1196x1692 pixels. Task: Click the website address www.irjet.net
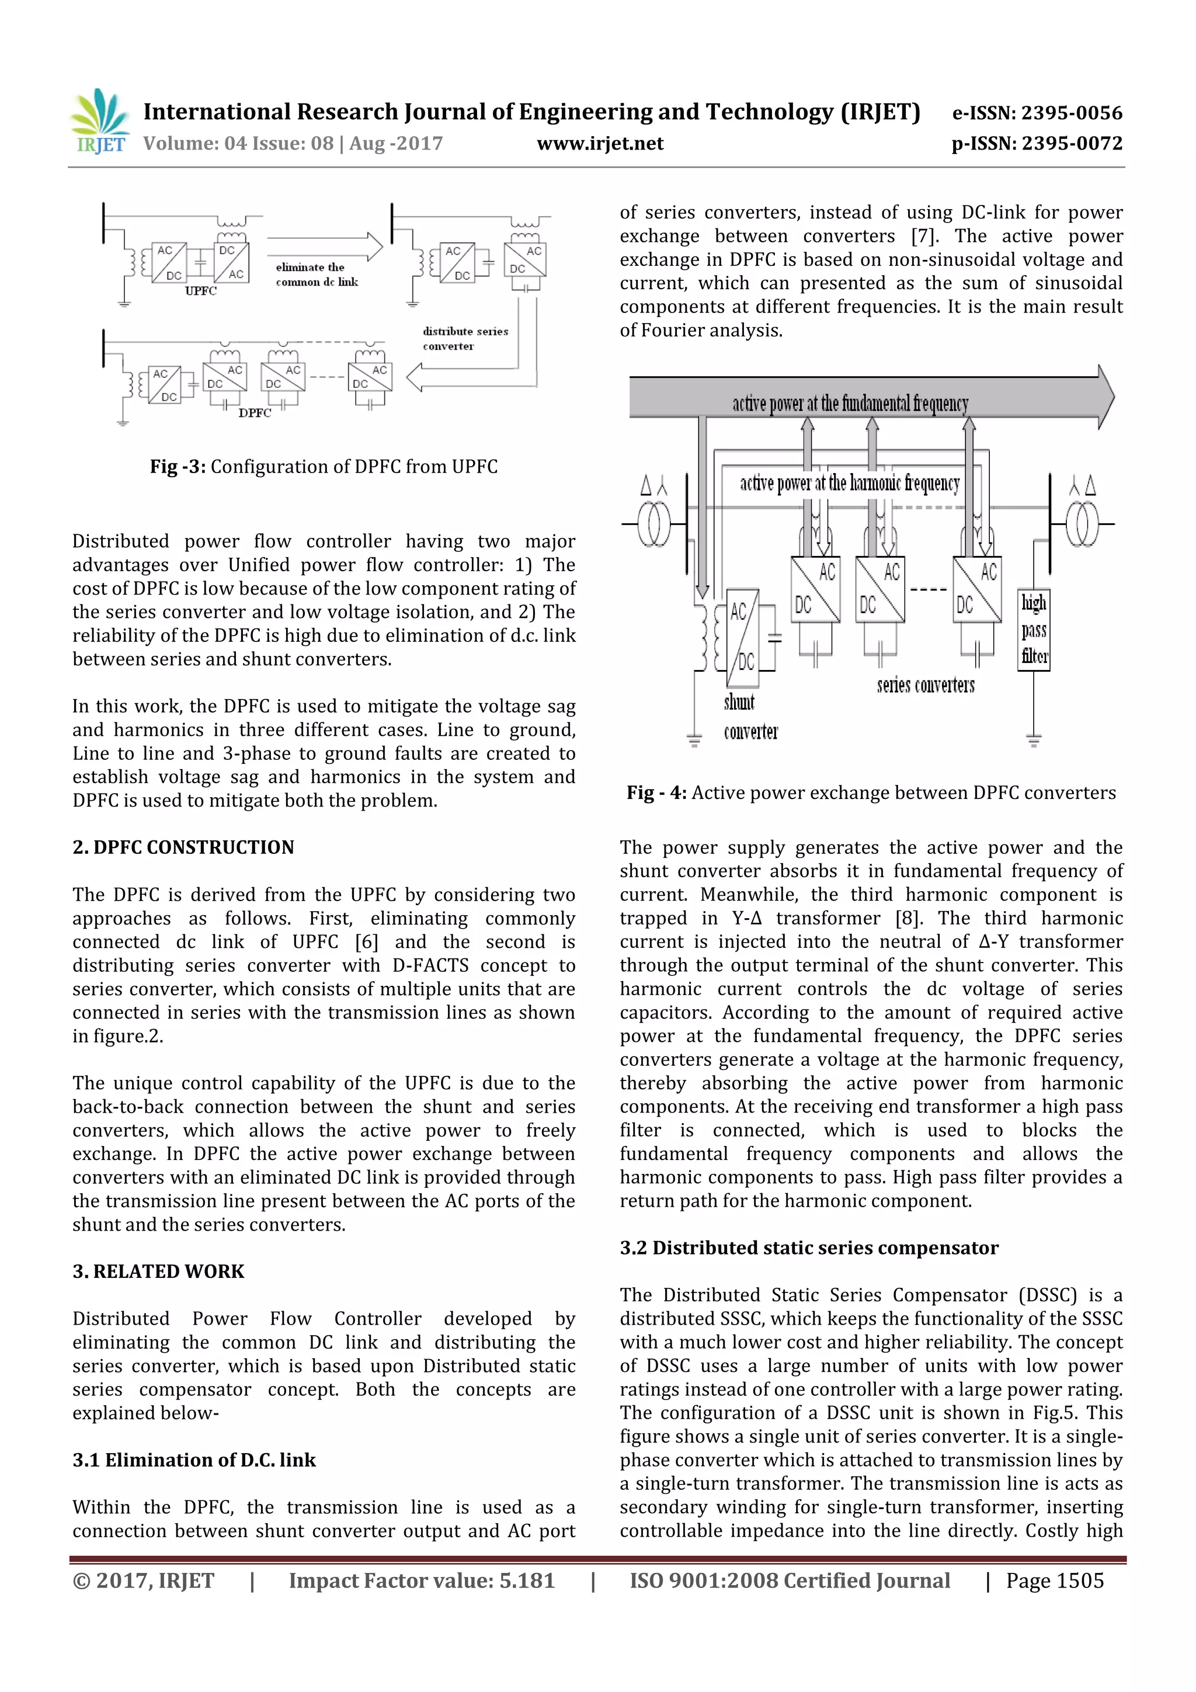(x=600, y=144)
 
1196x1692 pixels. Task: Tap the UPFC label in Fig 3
(x=200, y=291)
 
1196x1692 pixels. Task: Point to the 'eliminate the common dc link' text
(x=317, y=274)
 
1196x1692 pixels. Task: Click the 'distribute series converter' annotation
(x=465, y=338)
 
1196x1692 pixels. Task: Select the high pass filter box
(x=1034, y=630)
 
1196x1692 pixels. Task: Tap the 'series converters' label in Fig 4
(x=925, y=685)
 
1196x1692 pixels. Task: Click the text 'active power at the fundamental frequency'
(x=850, y=403)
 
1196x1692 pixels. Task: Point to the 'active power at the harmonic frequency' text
(x=850, y=484)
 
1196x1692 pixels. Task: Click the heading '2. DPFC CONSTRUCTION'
(x=183, y=847)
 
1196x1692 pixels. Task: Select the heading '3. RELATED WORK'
(x=158, y=1271)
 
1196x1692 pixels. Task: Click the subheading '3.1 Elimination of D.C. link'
(x=194, y=1460)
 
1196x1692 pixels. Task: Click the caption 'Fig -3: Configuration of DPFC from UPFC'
(x=324, y=467)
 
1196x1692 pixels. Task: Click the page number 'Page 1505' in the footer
(x=1055, y=1580)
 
